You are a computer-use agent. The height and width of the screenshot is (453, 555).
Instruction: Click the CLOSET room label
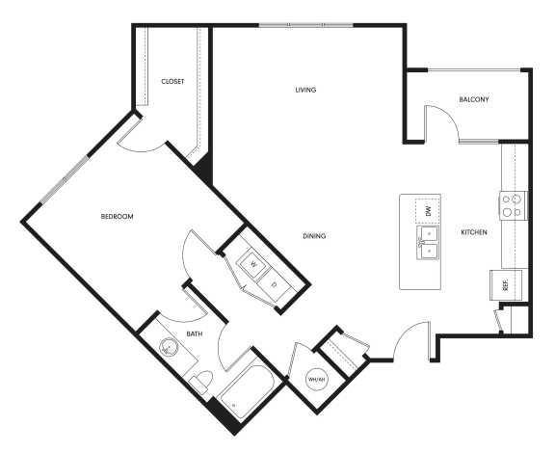[x=173, y=82]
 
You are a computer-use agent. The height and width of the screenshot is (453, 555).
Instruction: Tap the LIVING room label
[x=305, y=91]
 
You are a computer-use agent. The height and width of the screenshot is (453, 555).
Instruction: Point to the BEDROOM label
[x=117, y=217]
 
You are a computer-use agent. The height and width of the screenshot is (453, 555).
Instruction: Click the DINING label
[x=312, y=235]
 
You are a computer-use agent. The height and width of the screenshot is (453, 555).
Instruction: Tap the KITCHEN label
[x=473, y=233]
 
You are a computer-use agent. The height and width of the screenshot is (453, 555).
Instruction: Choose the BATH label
[x=194, y=334]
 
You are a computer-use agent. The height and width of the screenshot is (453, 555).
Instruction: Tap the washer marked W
[x=252, y=263]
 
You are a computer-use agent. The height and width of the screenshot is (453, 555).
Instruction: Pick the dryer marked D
[x=274, y=283]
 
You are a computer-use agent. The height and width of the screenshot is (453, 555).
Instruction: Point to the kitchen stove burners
[x=512, y=205]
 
